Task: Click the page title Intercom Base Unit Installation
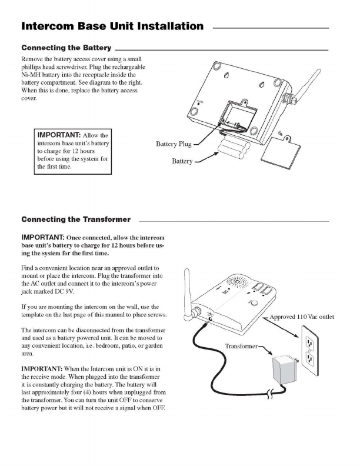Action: click(x=112, y=26)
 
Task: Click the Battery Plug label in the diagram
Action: click(x=174, y=143)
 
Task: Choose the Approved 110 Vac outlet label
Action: click(x=301, y=317)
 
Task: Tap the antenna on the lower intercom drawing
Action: click(x=189, y=294)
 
